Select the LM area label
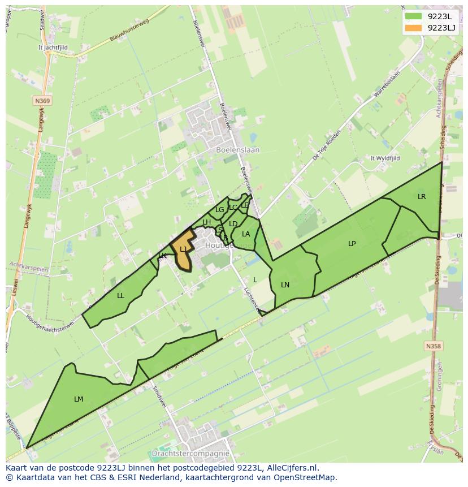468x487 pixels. pos(79,399)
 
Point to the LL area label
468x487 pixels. pos(120,296)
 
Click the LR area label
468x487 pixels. pos(422,197)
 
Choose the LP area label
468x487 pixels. pos(352,244)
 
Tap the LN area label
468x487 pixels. pos(285,285)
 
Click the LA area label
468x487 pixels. pos(246,234)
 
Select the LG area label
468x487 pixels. pos(219,210)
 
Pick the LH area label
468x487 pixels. pos(206,222)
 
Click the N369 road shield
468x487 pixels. pos(42,101)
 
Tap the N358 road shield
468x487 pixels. pos(433,346)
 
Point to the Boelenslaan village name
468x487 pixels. pos(238,150)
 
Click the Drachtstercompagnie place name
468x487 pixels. pos(190,454)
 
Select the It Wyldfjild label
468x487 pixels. pos(385,158)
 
